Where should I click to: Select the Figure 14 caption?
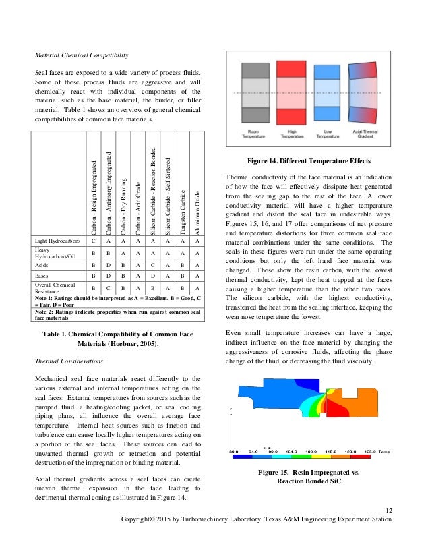[309, 162]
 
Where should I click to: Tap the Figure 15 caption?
[309, 477]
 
